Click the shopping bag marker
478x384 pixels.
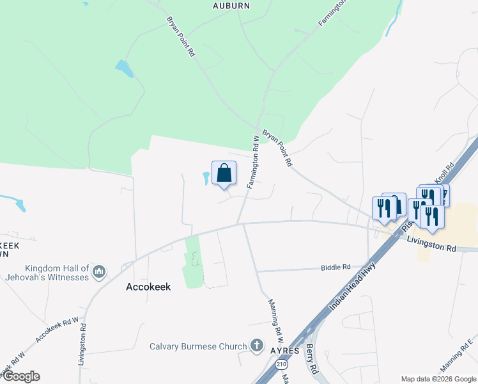pyautogui.click(x=224, y=173)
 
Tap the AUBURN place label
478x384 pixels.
pyautogui.click(x=231, y=5)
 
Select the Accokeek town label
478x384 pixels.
pyautogui.click(x=148, y=287)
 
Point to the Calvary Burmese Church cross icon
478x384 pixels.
pyautogui.click(x=257, y=346)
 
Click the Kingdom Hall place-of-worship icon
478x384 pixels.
pyautogui.click(x=98, y=273)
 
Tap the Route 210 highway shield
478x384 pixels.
pyautogui.click(x=281, y=364)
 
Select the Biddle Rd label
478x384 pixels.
pyautogui.click(x=336, y=267)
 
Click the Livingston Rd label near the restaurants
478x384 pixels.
pyautogui.click(x=432, y=244)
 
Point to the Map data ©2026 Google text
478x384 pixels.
pyautogui.click(x=438, y=378)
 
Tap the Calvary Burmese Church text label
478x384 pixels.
pyautogui.click(x=198, y=346)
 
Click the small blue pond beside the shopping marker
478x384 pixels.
pyautogui.click(x=206, y=179)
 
